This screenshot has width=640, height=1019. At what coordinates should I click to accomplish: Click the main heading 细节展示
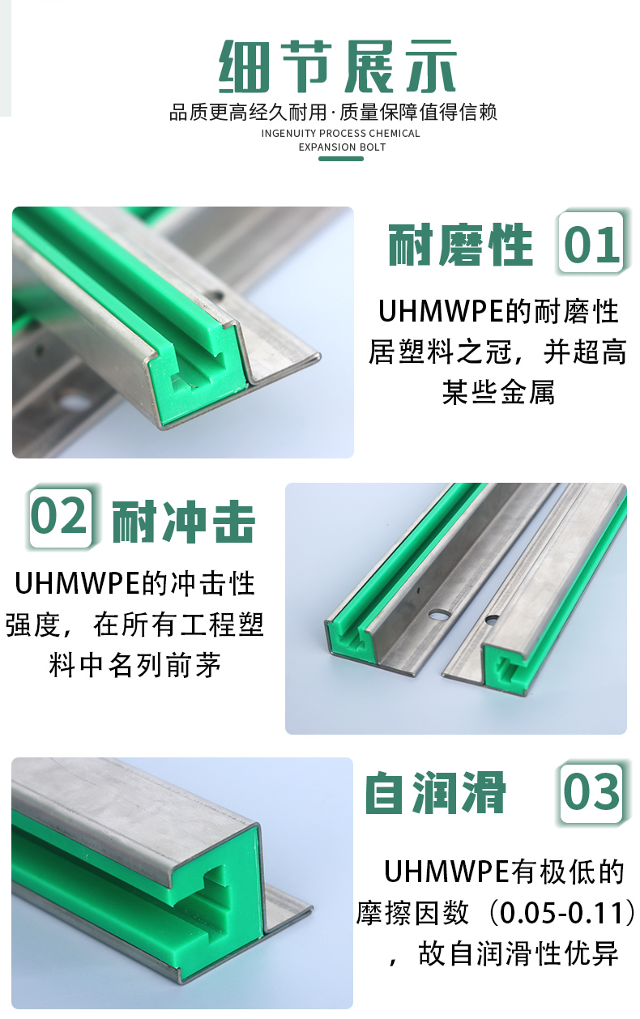tap(338, 67)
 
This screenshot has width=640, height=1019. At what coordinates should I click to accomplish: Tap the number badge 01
tap(591, 243)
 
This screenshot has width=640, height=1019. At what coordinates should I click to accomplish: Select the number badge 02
tap(60, 517)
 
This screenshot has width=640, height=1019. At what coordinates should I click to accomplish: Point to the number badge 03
tap(591, 793)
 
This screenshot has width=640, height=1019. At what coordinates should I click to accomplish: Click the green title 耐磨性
tap(460, 245)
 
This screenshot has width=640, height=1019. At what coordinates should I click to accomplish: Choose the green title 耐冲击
tap(183, 522)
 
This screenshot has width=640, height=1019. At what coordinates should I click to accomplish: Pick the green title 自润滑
tap(435, 793)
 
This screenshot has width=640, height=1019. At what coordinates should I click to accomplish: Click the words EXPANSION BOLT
tap(342, 147)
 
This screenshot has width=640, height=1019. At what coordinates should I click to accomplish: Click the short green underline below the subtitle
tap(341, 159)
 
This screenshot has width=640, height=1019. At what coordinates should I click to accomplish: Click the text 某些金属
tap(498, 392)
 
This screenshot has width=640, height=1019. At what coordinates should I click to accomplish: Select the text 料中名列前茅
tap(135, 665)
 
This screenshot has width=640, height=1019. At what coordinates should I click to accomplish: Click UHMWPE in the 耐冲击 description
tap(77, 584)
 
